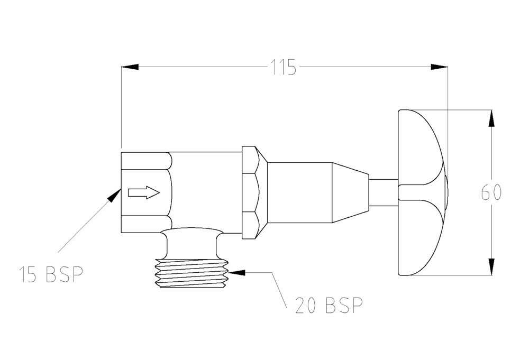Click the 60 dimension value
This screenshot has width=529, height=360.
(491, 192)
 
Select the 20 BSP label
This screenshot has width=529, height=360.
(329, 305)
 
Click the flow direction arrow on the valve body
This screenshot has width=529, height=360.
(144, 192)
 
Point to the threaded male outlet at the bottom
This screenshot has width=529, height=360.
(191, 273)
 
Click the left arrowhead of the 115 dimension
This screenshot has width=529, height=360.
(130, 67)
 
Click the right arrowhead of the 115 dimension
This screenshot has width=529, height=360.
(439, 67)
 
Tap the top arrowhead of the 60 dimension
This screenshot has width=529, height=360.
(492, 118)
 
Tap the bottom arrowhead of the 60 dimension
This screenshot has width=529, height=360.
(492, 267)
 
